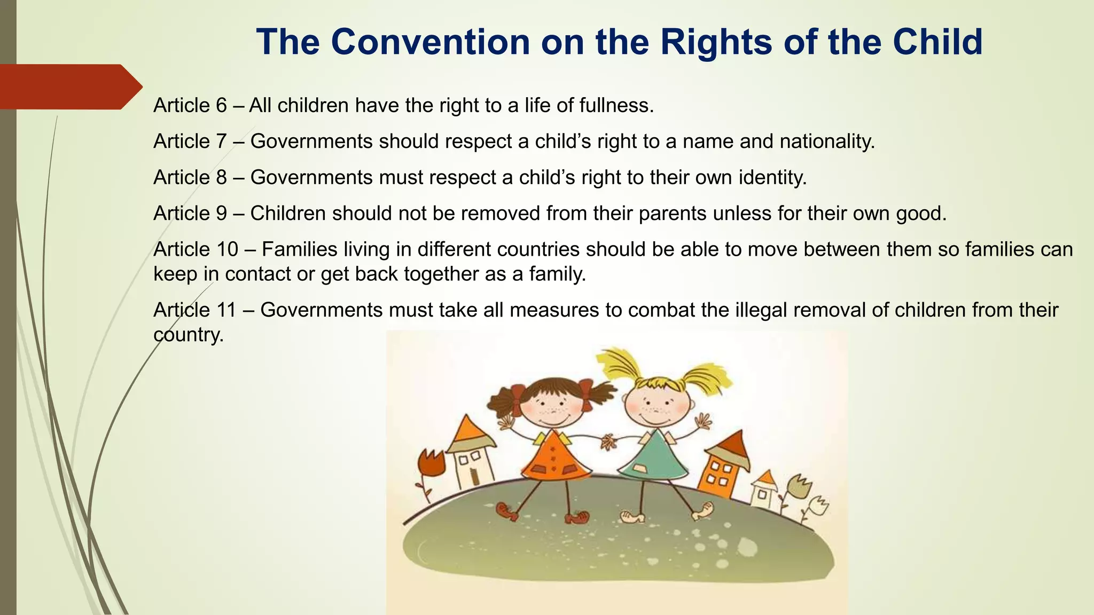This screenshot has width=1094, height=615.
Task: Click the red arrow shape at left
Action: [x=69, y=86]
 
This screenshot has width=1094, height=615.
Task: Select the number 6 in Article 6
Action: [x=221, y=106]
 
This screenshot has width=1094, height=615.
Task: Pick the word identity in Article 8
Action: [x=772, y=177]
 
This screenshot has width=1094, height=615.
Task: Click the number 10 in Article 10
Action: [x=227, y=249]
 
